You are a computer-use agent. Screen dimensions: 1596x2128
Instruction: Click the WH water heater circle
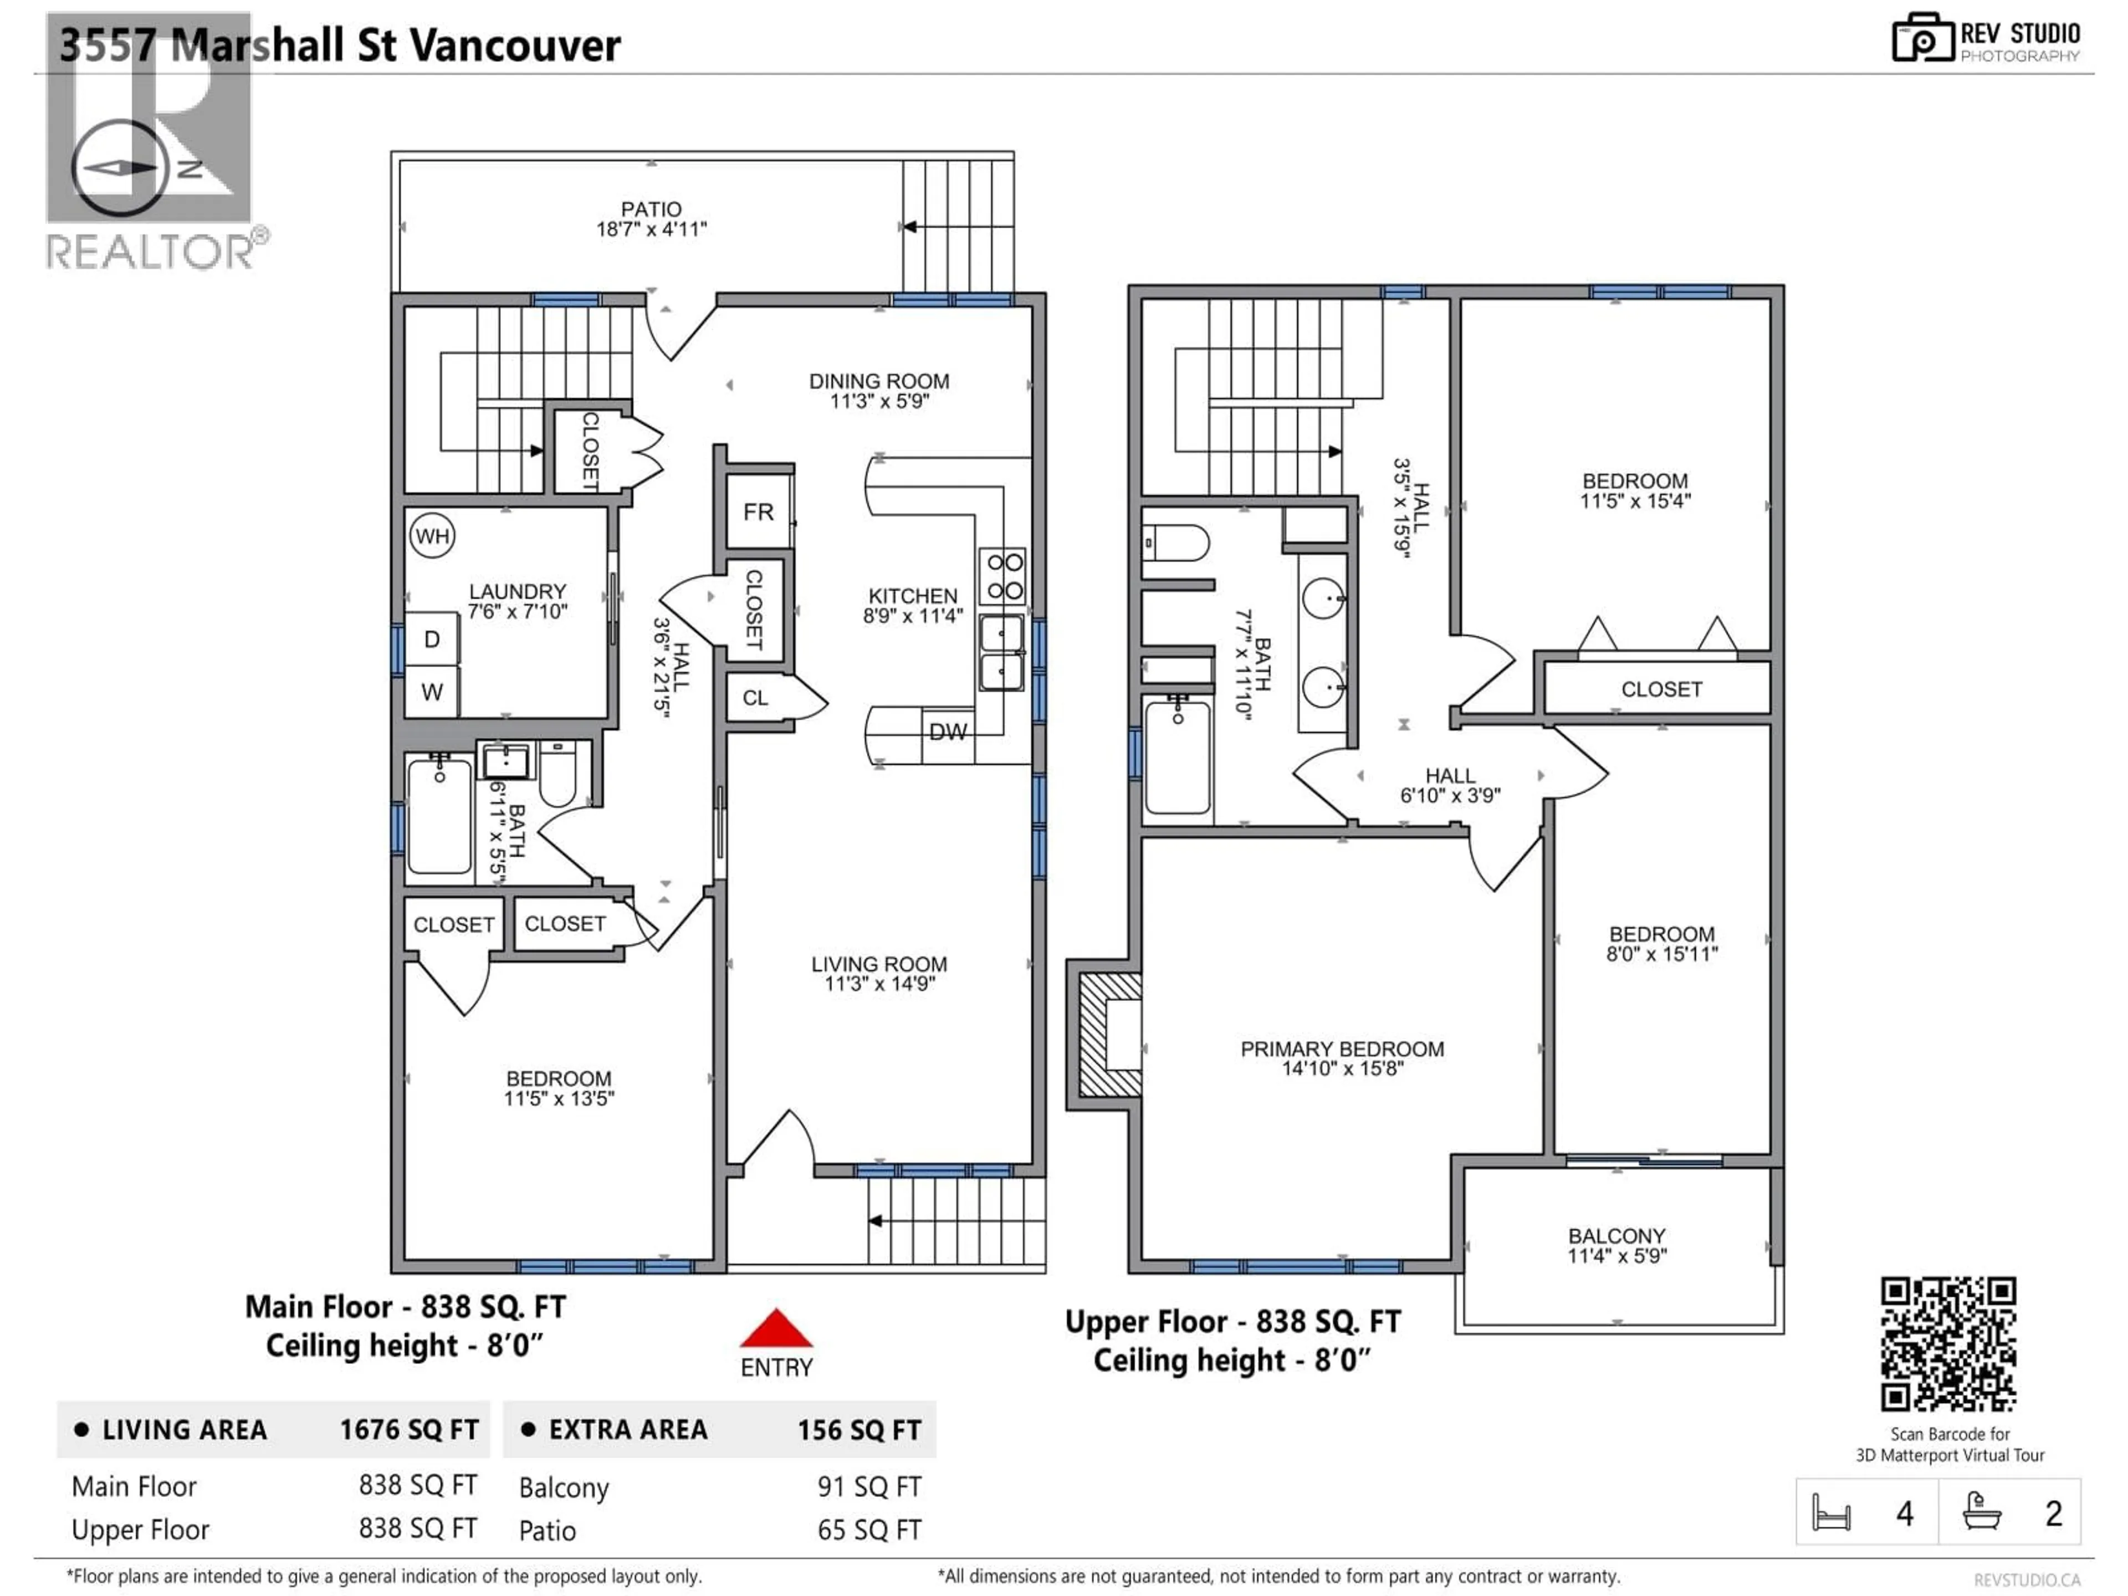coord(432,536)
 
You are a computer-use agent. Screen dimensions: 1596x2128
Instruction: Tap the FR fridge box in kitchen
coord(758,512)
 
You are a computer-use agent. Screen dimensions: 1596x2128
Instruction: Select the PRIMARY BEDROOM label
coord(1342,1050)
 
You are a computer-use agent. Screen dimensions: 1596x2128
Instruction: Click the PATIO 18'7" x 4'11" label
coord(651,218)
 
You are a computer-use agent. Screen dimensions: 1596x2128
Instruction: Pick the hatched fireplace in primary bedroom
coord(1110,1035)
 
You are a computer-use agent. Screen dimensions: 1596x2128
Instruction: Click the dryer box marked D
coord(432,640)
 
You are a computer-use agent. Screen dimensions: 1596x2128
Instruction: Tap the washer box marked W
coord(432,692)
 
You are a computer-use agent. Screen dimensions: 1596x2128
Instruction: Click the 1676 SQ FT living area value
coord(409,1430)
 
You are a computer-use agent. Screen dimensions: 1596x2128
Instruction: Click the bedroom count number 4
coord(1904,1514)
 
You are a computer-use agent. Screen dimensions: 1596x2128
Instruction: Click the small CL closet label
coord(755,698)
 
